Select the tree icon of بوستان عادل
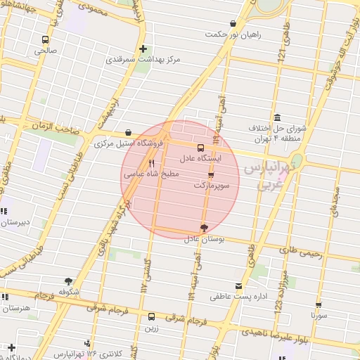[x=204, y=228]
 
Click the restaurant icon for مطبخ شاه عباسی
[x=151, y=162]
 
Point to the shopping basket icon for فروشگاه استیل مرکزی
[x=127, y=132]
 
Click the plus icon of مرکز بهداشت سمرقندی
[x=143, y=49]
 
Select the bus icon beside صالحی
[x=46, y=40]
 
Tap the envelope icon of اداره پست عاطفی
[x=239, y=286]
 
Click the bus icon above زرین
[x=152, y=316]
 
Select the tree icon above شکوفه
[x=67, y=281]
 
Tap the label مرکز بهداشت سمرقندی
[x=143, y=60]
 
